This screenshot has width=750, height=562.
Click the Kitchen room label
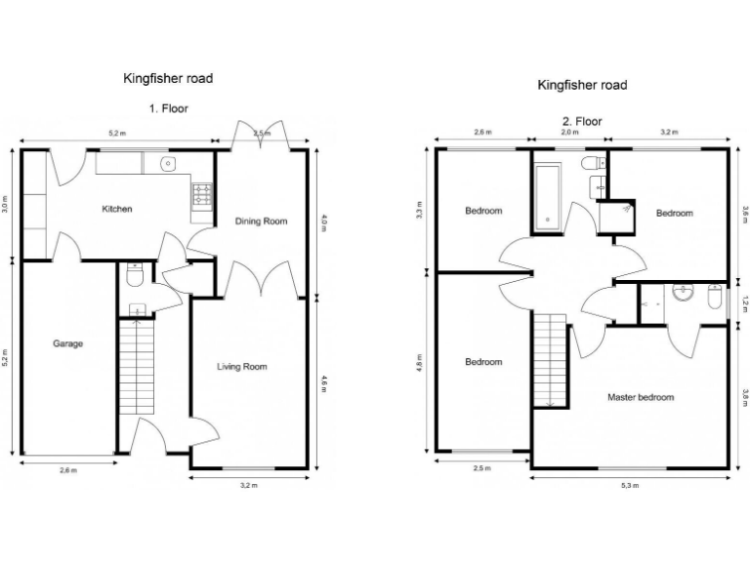coord(117,209)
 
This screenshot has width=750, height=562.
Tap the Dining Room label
coord(262,221)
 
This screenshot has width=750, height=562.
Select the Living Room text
coord(242,367)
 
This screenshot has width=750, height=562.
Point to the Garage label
coord(67,344)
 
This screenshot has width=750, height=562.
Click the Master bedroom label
coord(641,397)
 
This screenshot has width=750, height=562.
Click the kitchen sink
coord(168,162)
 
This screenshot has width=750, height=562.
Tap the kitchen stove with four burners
coord(203,195)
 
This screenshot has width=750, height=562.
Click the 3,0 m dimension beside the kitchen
coord(6,205)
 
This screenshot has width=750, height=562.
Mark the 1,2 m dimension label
coord(744,304)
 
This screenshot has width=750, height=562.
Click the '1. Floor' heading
coord(168,108)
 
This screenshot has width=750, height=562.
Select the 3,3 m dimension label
coord(419,210)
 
